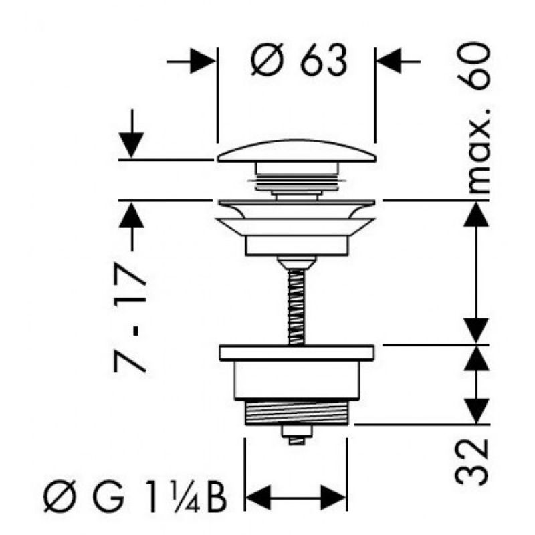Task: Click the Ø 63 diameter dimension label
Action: click(x=299, y=61)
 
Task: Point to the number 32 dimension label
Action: click(x=472, y=462)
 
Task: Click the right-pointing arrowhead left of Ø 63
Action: click(x=203, y=61)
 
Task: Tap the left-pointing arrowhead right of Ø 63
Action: click(x=389, y=61)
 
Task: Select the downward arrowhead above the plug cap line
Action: click(x=131, y=146)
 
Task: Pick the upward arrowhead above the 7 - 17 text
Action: click(x=131, y=215)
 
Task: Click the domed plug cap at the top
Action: click(x=296, y=150)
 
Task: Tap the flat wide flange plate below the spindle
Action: click(x=296, y=353)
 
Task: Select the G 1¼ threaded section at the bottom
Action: click(x=296, y=412)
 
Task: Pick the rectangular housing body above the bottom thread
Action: click(x=296, y=379)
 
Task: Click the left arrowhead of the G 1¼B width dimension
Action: click(x=258, y=498)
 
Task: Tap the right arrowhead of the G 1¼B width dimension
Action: click(x=333, y=498)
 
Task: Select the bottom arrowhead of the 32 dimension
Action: click(x=477, y=411)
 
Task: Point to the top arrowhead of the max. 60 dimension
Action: click(x=477, y=214)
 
